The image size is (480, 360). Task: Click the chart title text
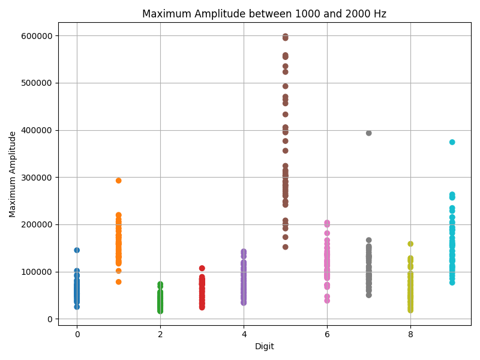(x=264, y=14)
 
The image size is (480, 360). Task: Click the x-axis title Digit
(x=264, y=346)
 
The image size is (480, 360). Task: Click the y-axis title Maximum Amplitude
(x=13, y=174)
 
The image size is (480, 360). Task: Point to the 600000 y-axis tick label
(x=35, y=36)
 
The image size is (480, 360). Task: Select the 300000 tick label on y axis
(x=35, y=178)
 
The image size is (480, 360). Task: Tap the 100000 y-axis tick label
(x=35, y=272)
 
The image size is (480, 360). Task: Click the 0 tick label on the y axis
(x=50, y=319)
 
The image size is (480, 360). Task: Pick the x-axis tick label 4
(x=244, y=334)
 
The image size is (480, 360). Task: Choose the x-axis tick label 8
(x=410, y=334)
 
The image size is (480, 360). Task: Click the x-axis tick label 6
(x=327, y=334)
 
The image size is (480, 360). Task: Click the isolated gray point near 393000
(x=369, y=133)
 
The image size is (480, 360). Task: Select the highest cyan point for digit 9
(x=452, y=142)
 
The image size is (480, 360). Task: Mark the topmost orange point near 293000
(x=119, y=181)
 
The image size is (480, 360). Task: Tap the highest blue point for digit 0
(x=77, y=250)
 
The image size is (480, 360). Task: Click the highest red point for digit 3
(x=202, y=268)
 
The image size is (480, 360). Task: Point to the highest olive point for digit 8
(x=410, y=244)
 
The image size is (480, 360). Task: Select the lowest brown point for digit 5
(x=286, y=247)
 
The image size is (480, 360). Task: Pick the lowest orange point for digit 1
(x=119, y=282)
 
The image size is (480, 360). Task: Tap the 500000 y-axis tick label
(x=35, y=83)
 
